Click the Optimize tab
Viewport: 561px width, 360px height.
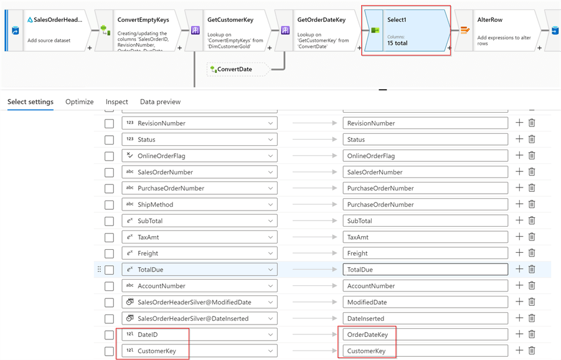(x=80, y=102)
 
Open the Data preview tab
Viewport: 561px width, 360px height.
(x=160, y=102)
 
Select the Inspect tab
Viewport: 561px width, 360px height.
(x=116, y=102)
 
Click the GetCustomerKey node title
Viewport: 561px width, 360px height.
(x=230, y=20)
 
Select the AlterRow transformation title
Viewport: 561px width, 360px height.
(x=490, y=20)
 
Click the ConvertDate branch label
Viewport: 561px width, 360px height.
(x=235, y=69)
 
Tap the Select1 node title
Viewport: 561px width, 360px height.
(x=397, y=20)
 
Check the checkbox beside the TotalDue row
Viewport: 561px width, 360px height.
(x=109, y=270)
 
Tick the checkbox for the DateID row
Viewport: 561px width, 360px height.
(x=109, y=335)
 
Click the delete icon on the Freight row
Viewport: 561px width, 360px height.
(x=532, y=253)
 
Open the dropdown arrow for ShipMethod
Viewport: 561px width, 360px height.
(x=270, y=205)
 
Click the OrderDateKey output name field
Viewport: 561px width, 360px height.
(x=425, y=334)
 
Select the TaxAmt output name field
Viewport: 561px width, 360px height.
(x=425, y=237)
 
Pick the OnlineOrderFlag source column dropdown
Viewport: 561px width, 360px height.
(x=199, y=156)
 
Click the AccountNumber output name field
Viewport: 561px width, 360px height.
(x=425, y=286)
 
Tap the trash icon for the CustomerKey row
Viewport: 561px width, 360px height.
(x=532, y=350)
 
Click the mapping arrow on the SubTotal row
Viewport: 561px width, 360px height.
(x=315, y=220)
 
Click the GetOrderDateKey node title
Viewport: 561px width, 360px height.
(x=321, y=20)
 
